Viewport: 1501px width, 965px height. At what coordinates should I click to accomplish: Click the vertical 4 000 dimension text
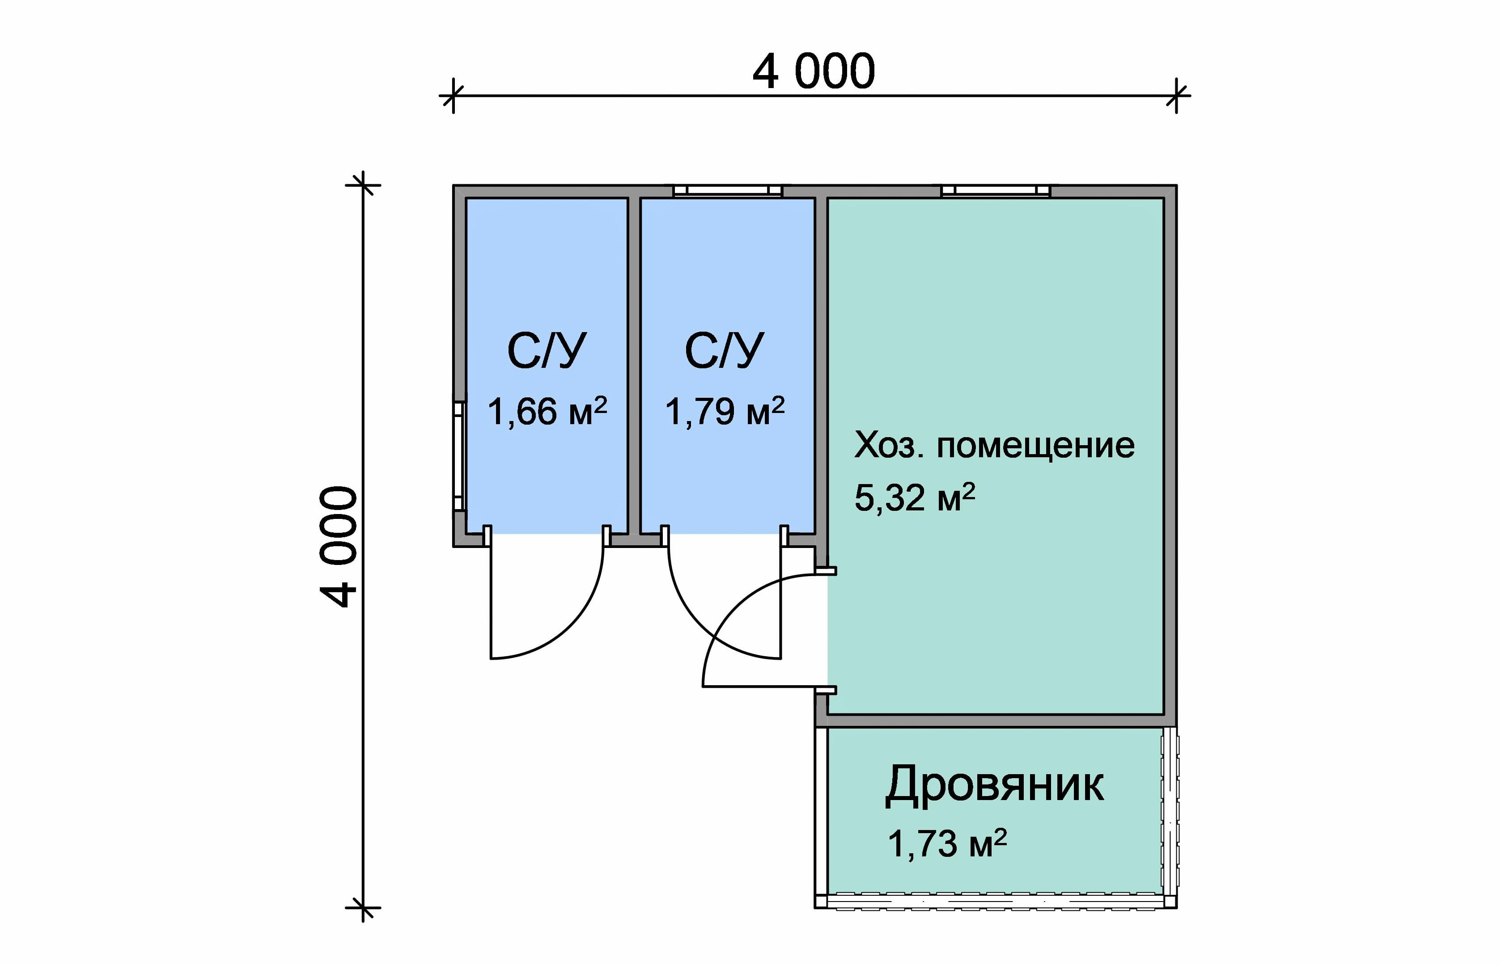click(x=339, y=546)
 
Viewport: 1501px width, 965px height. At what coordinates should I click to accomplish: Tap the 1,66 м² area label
click(x=547, y=412)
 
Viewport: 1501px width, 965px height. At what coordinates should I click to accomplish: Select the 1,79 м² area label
click(x=724, y=412)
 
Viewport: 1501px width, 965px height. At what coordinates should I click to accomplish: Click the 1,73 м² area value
click(x=947, y=843)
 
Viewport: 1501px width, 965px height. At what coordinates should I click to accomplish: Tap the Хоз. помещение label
click(x=994, y=446)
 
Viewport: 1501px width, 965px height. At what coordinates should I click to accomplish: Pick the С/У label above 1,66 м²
click(x=547, y=351)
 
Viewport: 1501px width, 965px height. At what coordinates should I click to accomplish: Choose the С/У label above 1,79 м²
click(x=724, y=351)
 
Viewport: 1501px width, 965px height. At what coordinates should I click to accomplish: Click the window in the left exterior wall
click(x=459, y=456)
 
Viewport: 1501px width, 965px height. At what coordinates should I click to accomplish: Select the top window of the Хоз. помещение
click(x=996, y=190)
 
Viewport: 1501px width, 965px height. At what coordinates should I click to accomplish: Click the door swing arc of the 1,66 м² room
click(x=574, y=620)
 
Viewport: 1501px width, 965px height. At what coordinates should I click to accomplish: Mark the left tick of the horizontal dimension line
click(x=453, y=96)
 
